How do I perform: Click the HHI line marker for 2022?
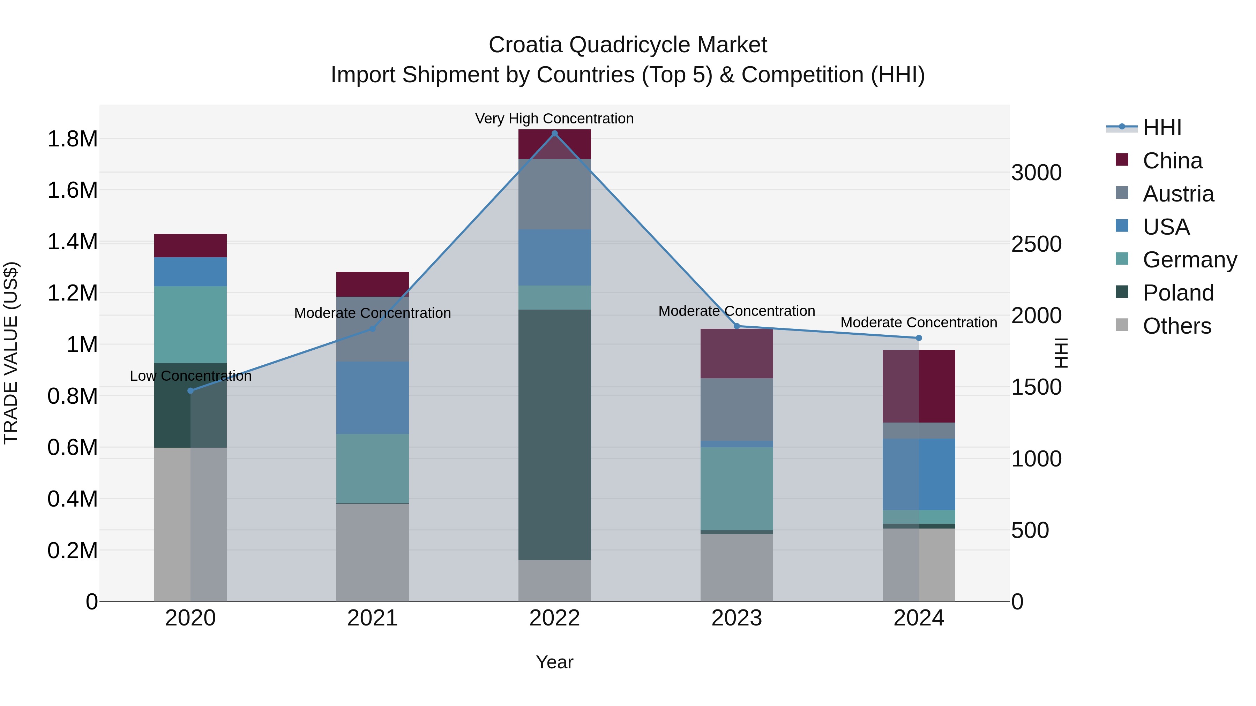[x=554, y=134]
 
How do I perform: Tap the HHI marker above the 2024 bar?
[x=919, y=337]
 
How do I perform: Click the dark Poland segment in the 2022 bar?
[x=554, y=434]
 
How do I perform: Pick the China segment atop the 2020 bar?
[x=190, y=245]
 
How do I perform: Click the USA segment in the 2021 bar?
[x=373, y=397]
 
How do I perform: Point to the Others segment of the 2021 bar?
[x=373, y=552]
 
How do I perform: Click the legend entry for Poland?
[x=1177, y=293]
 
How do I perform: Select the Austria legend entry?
[x=1177, y=194]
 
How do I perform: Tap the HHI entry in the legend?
[x=1161, y=128]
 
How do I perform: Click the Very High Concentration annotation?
[x=554, y=119]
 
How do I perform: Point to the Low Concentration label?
[x=190, y=375]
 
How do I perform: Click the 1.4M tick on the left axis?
[x=72, y=242]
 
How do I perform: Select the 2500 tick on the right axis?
[x=1036, y=244]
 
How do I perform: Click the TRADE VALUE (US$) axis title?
[x=11, y=353]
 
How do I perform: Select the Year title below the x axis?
[x=554, y=662]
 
